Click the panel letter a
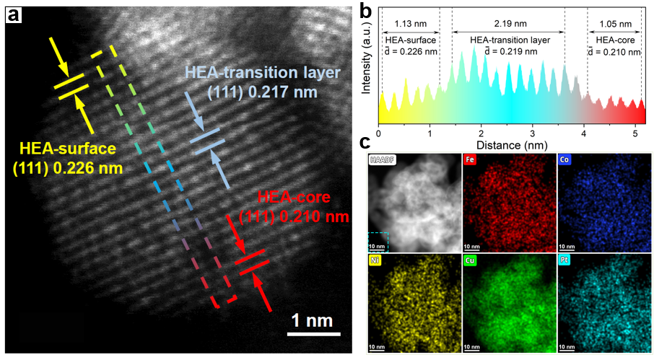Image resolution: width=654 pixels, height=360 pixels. point(13,13)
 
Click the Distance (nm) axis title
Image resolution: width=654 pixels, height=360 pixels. point(510,144)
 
